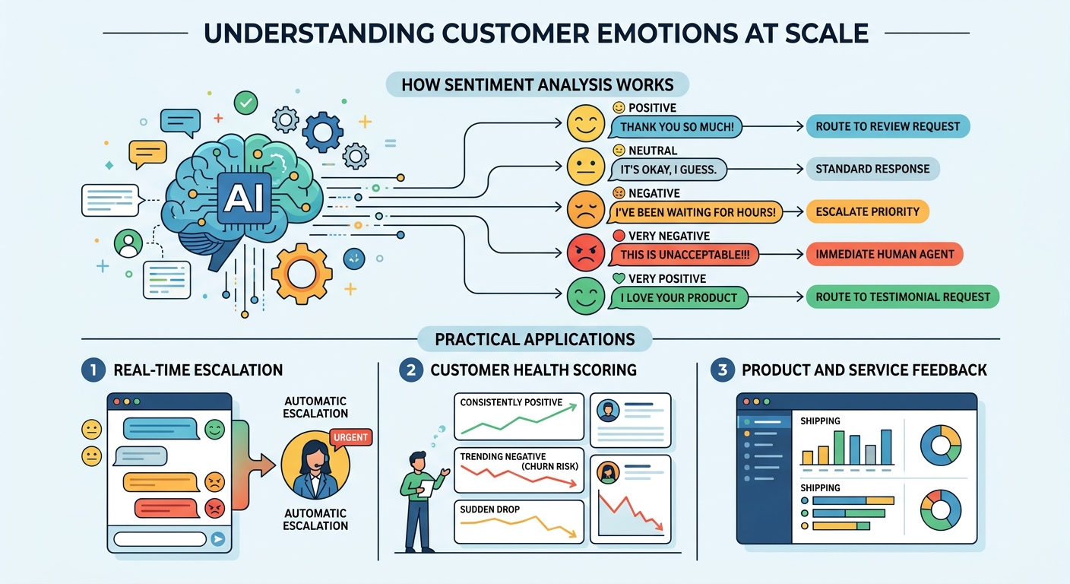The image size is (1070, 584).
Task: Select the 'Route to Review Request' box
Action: [x=888, y=126]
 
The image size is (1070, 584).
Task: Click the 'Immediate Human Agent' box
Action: [x=885, y=254]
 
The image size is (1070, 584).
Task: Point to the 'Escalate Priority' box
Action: [x=867, y=211]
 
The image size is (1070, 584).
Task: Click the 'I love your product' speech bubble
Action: [x=679, y=297]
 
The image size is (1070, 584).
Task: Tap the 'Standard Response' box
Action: [x=872, y=169]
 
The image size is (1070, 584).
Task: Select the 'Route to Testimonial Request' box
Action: [x=902, y=297]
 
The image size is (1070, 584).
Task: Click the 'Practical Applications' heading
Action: [x=535, y=339]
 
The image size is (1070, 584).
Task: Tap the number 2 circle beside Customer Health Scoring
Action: [x=411, y=370]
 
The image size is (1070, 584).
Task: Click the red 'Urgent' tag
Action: [x=350, y=437]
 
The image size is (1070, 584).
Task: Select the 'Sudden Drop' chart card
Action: [x=519, y=522]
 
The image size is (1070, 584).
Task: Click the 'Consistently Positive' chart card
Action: [x=519, y=416]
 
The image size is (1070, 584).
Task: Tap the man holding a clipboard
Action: [x=419, y=498]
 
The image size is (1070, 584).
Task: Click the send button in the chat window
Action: [x=218, y=539]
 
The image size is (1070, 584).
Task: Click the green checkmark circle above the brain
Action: [x=245, y=103]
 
